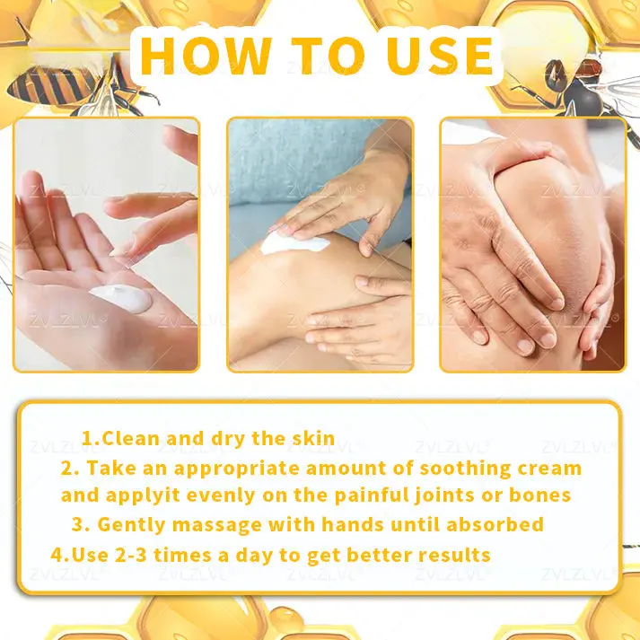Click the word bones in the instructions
point(538,495)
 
